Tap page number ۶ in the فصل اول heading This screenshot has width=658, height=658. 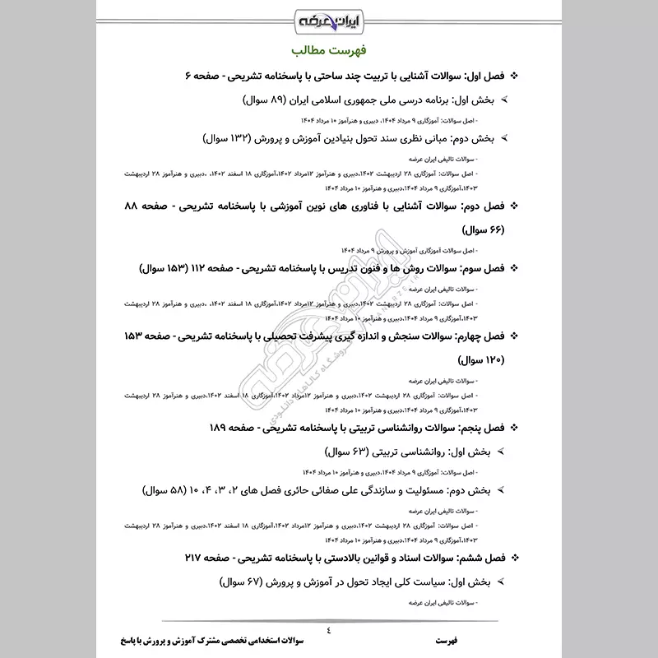[188, 76]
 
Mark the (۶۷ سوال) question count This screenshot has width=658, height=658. [252, 582]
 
